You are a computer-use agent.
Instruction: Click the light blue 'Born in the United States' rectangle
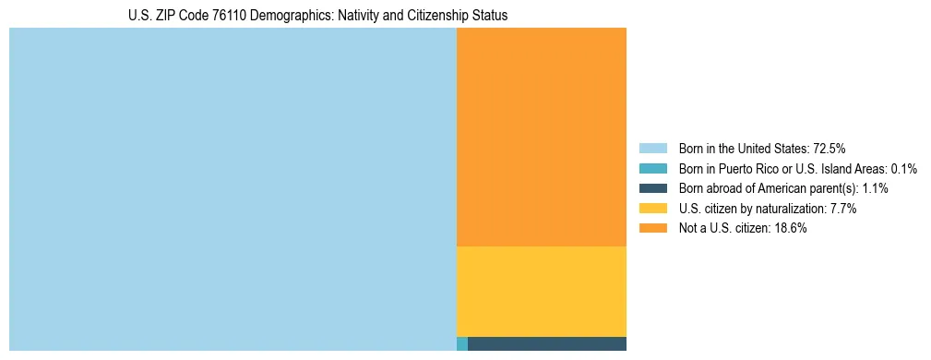(233, 189)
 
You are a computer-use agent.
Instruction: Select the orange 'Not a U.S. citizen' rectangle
(542, 137)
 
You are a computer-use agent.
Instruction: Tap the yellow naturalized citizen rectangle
(542, 292)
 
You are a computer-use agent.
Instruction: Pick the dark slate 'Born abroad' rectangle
(547, 344)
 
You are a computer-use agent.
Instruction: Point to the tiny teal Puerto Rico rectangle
(462, 344)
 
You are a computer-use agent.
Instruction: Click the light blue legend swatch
(652, 149)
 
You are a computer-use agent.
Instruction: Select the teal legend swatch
(652, 169)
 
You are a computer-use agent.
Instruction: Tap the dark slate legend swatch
(652, 188)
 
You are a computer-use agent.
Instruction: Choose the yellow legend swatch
(652, 209)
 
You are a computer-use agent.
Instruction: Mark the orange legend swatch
(652, 229)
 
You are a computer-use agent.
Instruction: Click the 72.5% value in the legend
(830, 149)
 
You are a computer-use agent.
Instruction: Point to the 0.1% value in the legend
(904, 169)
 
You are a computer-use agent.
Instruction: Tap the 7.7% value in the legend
(844, 209)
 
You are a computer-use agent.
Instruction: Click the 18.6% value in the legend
(791, 229)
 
